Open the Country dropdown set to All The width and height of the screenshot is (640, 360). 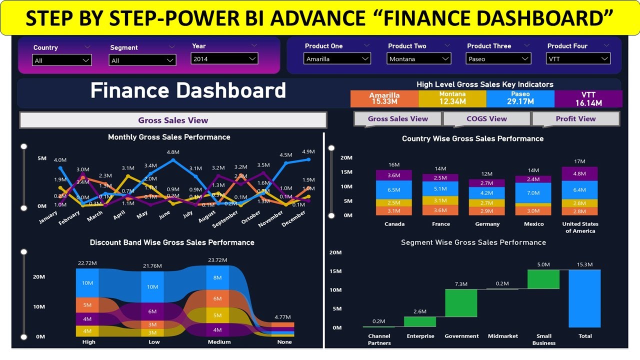(62, 60)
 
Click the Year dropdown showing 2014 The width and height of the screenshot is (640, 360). (224, 58)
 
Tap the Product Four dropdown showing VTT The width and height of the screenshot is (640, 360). (578, 59)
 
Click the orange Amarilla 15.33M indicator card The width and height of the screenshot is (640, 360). (384, 98)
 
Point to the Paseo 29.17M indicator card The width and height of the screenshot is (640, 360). (520, 98)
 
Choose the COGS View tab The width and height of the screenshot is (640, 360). (486, 119)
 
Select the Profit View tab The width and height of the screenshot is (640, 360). (575, 119)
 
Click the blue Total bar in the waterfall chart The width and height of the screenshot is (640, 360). (584, 298)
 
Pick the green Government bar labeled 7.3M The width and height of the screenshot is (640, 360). (461, 303)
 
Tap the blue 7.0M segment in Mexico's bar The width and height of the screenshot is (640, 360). (533, 193)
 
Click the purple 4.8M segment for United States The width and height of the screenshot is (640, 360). (579, 173)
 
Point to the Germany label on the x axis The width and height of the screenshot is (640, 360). (487, 224)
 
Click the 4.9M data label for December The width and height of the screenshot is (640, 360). (308, 151)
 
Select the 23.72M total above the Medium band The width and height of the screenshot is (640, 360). (217, 260)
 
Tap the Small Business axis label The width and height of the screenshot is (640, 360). (543, 339)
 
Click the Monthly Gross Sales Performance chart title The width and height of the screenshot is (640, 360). (169, 137)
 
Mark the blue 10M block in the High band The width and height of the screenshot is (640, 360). (87, 283)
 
